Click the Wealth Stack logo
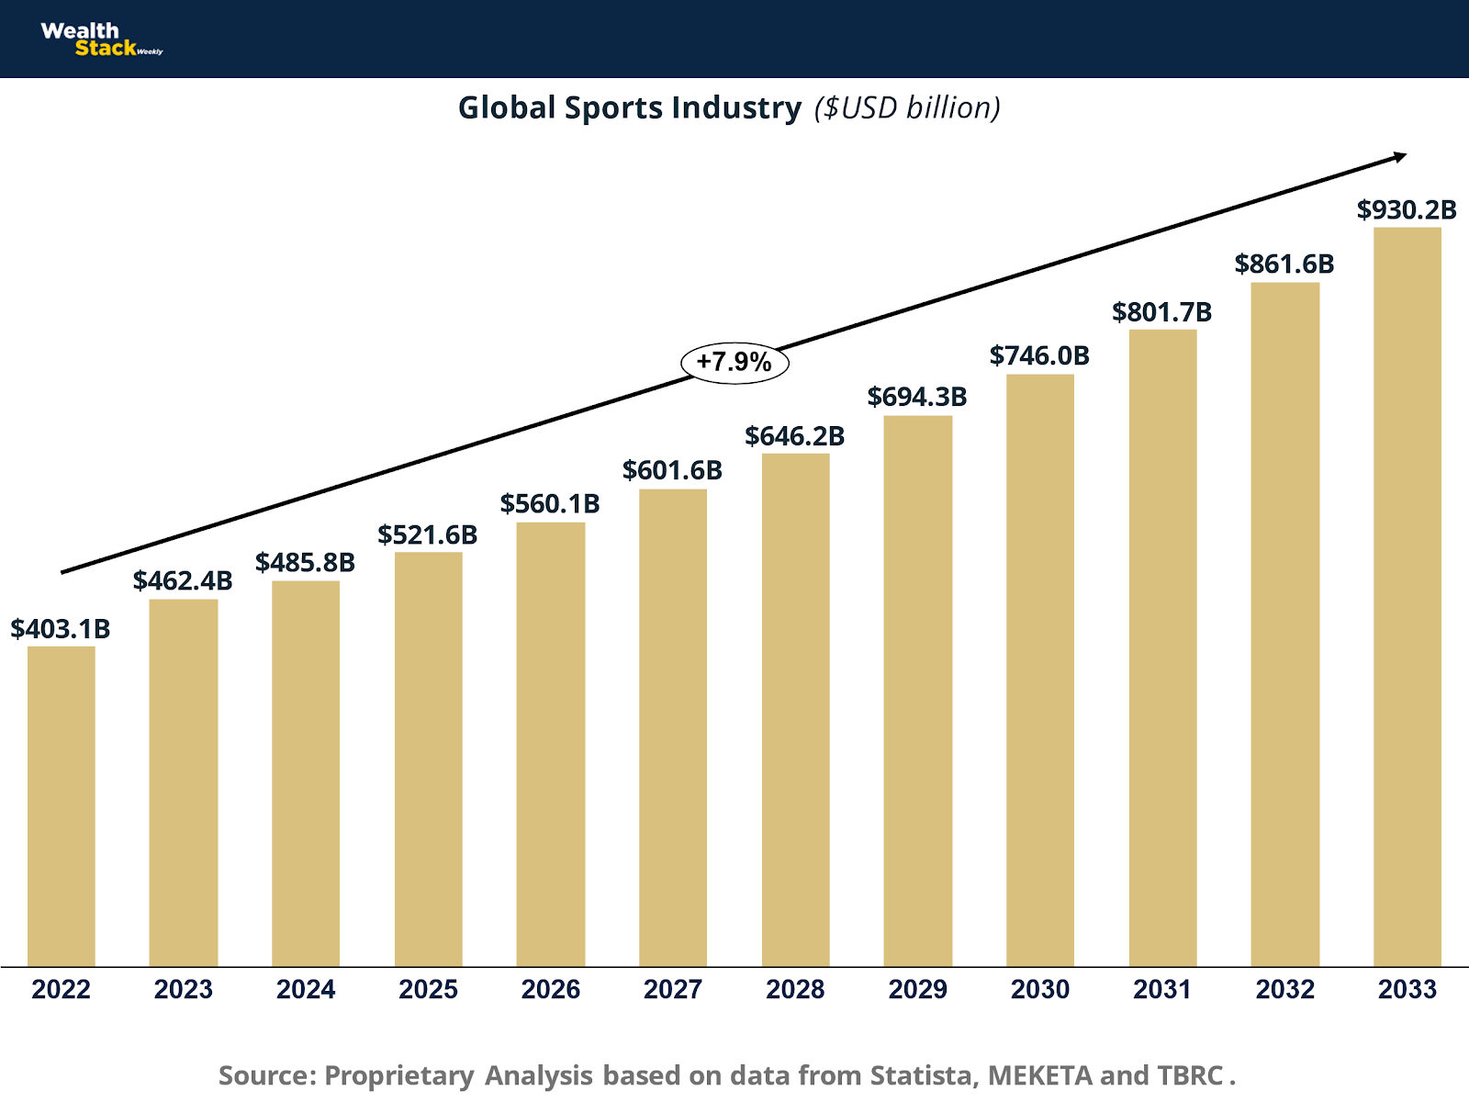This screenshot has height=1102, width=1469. [99, 39]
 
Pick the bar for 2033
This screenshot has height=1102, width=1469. [1407, 596]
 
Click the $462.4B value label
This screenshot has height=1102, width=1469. [183, 580]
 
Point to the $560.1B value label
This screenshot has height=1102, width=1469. [550, 503]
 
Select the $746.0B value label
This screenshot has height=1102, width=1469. [1039, 355]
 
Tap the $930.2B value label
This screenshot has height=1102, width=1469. [1407, 209]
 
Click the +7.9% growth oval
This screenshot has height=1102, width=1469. [734, 362]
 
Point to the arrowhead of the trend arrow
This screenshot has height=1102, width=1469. [1399, 156]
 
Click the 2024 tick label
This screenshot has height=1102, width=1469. [306, 989]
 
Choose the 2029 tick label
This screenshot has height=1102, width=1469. [917, 989]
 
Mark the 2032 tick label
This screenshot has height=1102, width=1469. [1284, 989]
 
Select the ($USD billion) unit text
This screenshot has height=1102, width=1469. [907, 107]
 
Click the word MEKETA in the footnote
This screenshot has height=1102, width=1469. [1039, 1075]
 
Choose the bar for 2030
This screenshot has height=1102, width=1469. [1039, 669]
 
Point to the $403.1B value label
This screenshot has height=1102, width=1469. [61, 629]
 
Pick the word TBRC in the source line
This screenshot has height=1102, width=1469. [1190, 1075]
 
